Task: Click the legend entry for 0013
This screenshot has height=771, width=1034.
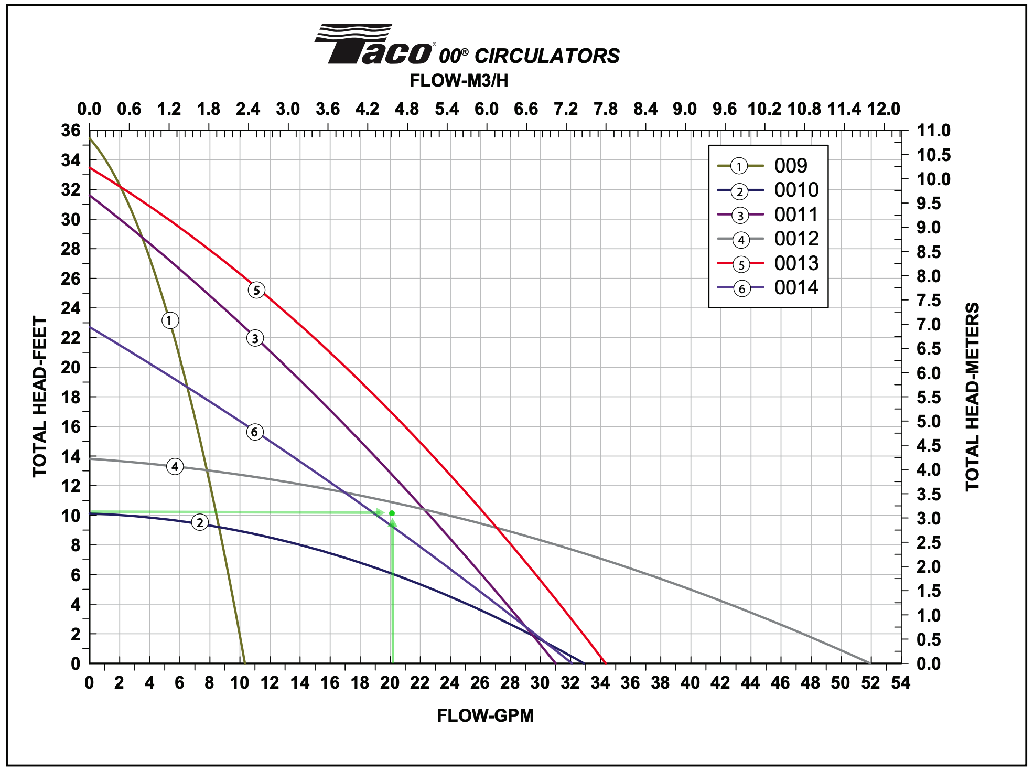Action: [796, 263]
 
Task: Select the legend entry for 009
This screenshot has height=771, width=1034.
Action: [791, 166]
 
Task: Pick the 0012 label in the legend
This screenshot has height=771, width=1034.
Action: [796, 239]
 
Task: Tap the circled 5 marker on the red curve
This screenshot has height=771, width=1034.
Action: [256, 290]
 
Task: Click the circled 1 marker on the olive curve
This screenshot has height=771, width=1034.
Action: [169, 320]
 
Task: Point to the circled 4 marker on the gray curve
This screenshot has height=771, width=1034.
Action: [175, 466]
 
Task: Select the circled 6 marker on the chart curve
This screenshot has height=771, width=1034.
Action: [254, 432]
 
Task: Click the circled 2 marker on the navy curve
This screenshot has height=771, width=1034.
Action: [200, 522]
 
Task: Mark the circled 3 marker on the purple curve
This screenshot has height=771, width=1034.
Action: [255, 338]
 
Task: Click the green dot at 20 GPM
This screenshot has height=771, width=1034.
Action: [392, 513]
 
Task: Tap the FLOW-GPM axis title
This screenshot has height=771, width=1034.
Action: [485, 715]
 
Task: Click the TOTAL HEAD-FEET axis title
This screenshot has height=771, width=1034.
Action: [40, 397]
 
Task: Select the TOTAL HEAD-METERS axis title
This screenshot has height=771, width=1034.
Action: [973, 397]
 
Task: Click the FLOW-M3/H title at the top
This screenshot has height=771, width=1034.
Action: [459, 81]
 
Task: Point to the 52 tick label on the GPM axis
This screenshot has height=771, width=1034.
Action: [870, 683]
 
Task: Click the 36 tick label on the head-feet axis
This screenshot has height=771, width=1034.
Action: [71, 131]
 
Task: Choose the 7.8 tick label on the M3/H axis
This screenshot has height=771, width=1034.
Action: [606, 109]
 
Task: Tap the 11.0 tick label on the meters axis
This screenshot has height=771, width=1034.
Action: [933, 131]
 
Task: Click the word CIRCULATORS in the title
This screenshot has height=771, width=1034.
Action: [547, 56]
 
